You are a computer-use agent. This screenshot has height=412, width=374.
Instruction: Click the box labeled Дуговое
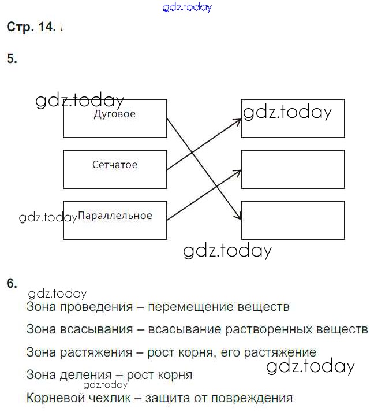click(114, 118)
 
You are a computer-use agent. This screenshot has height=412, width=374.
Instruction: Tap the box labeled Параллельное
click(114, 220)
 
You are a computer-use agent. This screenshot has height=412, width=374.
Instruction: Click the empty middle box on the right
click(293, 169)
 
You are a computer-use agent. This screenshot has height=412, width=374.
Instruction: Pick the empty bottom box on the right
click(293, 220)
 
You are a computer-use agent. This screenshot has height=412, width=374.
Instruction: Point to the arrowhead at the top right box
click(238, 121)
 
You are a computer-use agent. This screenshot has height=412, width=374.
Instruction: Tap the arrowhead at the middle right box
click(238, 171)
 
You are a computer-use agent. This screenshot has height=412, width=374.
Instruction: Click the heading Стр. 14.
click(31, 27)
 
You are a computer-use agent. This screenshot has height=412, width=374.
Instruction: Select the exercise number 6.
click(12, 283)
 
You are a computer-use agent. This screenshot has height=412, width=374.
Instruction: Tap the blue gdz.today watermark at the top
click(188, 8)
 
